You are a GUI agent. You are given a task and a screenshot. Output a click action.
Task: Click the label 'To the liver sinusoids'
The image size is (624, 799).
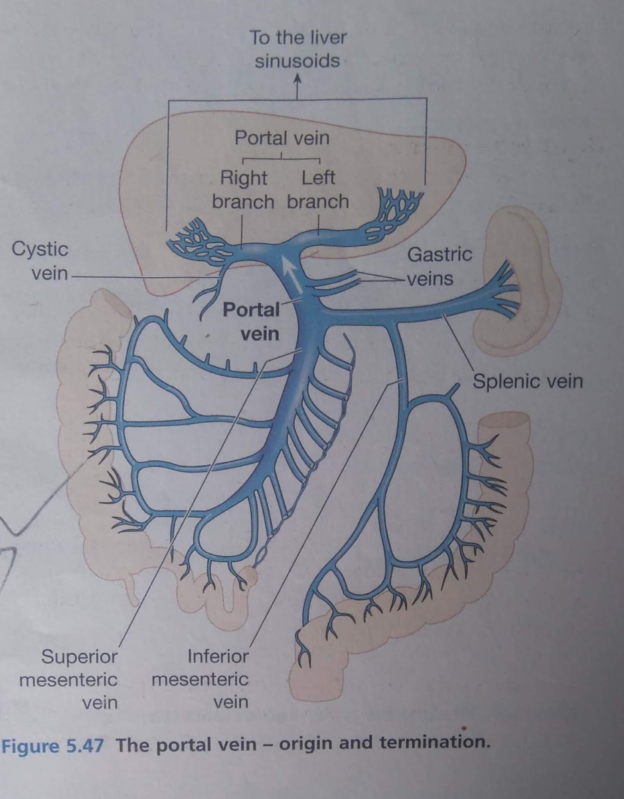tap(298, 49)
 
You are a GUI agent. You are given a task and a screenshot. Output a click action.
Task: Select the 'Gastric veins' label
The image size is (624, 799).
tap(439, 266)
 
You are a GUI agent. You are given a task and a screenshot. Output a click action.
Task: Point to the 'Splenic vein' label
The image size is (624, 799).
tap(527, 381)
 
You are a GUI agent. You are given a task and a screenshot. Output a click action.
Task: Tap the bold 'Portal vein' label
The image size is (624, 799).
tap(251, 322)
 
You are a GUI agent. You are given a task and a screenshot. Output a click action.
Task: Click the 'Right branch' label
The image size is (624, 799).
tap(243, 189)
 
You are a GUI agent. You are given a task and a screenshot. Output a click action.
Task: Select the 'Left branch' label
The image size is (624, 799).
tap(318, 189)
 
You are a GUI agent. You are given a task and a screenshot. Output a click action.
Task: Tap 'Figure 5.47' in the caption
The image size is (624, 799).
tap(52, 746)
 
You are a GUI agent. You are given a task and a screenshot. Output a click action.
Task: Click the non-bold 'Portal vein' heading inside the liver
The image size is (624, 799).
tap(282, 138)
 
